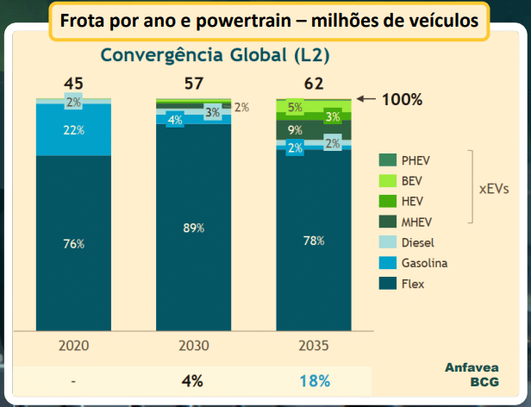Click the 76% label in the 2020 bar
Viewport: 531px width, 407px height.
click(74, 244)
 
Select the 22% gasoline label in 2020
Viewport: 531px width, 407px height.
click(74, 130)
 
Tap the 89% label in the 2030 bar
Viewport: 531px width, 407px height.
click(194, 228)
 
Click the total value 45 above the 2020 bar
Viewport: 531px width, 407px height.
click(74, 84)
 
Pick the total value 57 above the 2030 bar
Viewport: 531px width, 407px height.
click(194, 84)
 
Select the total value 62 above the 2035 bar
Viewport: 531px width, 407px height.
click(314, 84)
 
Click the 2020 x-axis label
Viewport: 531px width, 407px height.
click(74, 345)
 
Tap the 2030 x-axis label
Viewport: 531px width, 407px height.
click(194, 345)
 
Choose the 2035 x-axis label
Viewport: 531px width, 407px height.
click(314, 345)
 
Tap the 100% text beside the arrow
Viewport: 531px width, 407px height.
click(402, 99)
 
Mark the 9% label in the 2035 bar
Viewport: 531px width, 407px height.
click(295, 131)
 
